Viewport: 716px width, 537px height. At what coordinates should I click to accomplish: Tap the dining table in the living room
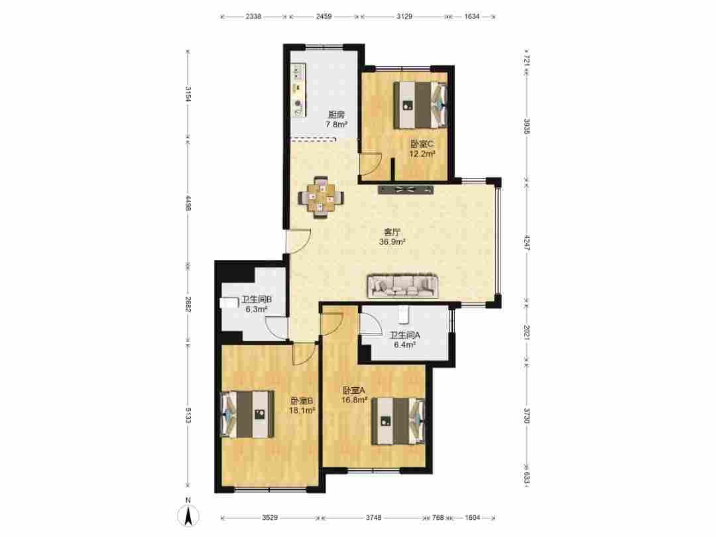point(321,198)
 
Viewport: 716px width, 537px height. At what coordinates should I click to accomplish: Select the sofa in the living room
point(402,286)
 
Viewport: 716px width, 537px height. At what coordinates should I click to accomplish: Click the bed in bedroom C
point(420,105)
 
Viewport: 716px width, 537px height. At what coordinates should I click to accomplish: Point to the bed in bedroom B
point(247,414)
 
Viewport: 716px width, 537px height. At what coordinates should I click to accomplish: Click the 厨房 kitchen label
point(336,115)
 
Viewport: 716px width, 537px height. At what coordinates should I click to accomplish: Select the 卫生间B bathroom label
point(257,300)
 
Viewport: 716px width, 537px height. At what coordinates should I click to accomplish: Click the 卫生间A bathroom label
point(404,335)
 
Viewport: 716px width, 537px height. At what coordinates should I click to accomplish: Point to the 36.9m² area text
point(392,242)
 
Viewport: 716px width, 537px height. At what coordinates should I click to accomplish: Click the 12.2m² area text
point(422,154)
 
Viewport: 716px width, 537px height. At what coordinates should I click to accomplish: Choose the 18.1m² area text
point(302,410)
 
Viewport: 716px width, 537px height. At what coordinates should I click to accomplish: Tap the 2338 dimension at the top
point(253,17)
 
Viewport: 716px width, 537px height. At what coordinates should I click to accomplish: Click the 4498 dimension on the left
point(188,202)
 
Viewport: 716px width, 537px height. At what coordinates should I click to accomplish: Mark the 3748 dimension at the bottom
point(373,518)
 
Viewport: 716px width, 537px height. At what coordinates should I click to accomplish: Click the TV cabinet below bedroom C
point(405,190)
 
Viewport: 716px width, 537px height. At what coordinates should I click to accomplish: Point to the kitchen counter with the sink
point(298,90)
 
